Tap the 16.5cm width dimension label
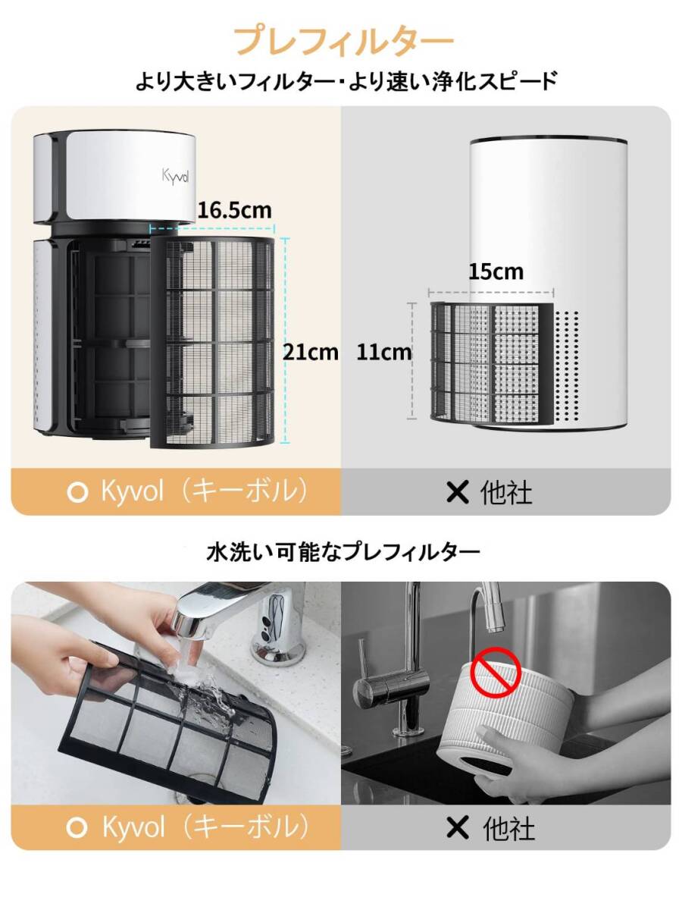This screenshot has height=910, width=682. coord(233,209)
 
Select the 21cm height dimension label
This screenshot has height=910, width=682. coord(311,351)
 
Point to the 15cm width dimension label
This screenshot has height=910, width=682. coord(496,271)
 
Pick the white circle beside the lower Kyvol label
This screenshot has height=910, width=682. coord(77,827)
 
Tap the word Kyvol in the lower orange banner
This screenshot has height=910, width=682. coord(133,827)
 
